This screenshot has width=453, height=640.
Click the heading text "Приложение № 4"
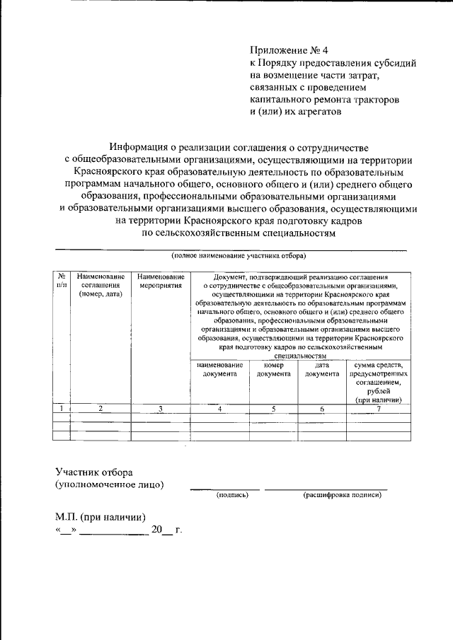tap(289, 50)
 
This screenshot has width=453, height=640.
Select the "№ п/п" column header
tap(62, 281)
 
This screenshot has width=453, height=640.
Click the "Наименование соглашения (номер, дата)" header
tap(101, 285)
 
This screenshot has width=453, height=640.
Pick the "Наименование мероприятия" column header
tap(161, 281)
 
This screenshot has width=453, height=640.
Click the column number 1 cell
tap(62, 409)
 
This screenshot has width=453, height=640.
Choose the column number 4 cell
tap(219, 409)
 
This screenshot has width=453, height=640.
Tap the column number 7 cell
tap(379, 409)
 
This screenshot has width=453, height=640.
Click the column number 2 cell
tap(101, 409)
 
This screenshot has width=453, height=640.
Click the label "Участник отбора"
tap(94, 472)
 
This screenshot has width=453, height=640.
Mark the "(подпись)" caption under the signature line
tap(232, 495)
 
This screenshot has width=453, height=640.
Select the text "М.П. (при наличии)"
tap(101, 516)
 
